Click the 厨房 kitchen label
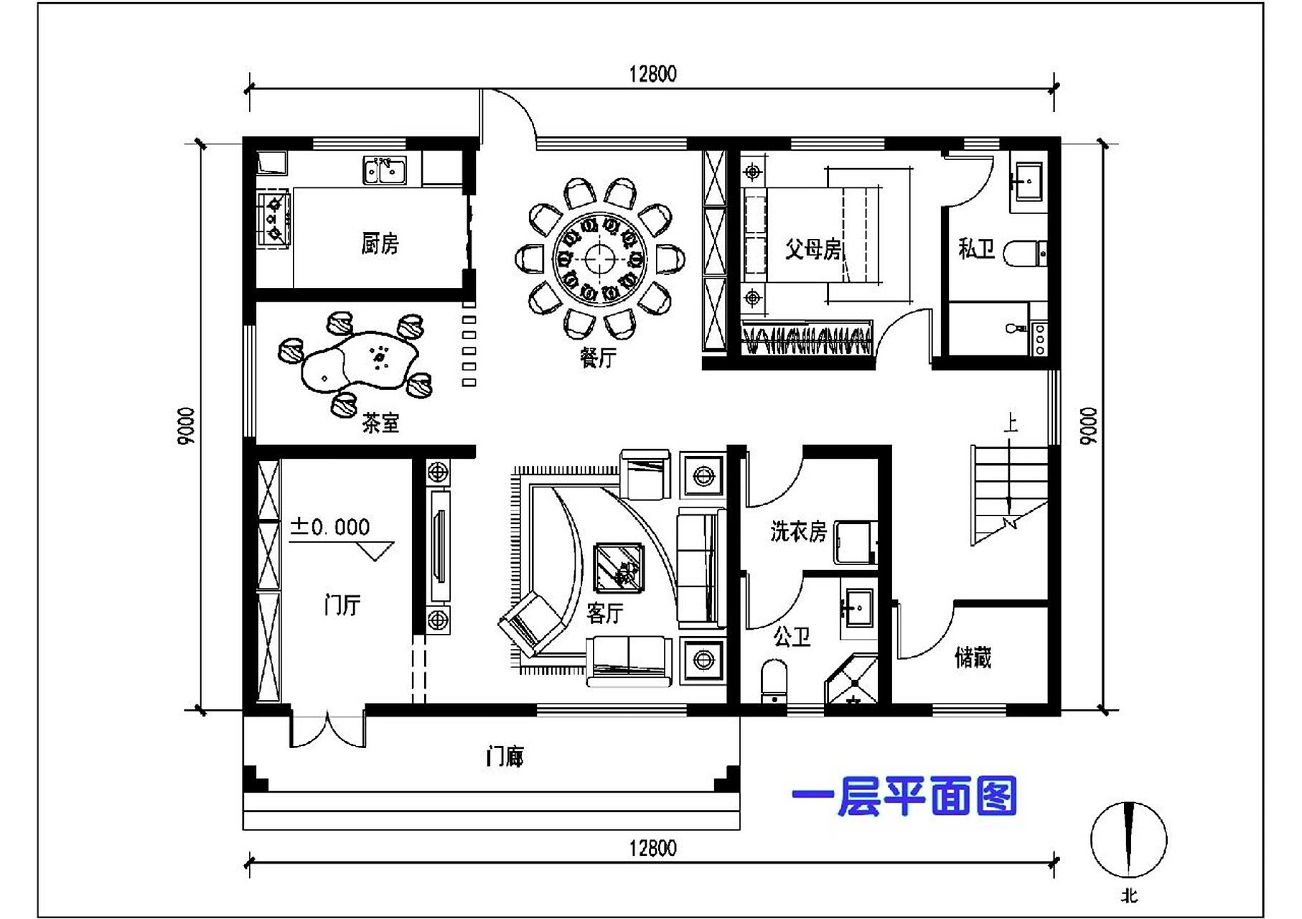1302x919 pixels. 380,244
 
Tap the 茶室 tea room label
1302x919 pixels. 380,423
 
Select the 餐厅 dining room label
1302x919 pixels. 597,357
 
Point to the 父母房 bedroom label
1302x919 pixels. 812,249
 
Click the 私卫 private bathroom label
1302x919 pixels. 976,249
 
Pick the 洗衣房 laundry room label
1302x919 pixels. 798,531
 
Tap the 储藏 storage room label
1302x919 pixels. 973,657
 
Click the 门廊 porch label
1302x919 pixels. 505,756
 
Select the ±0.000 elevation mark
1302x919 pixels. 330,528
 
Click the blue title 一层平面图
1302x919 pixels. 904,797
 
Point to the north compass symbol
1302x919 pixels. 1128,840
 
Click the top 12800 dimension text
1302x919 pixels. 652,74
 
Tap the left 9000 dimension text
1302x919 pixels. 185,426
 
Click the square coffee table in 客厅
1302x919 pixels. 619,568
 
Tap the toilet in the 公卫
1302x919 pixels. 774,682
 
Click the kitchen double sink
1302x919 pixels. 384,171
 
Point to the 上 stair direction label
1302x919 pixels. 1010,423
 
